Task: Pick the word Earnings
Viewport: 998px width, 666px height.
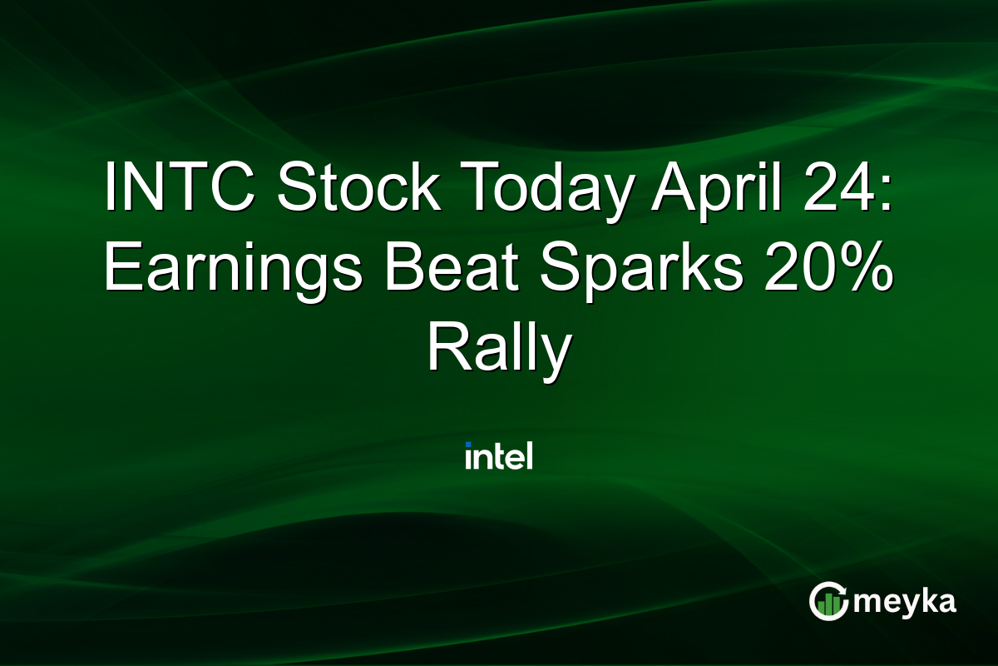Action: click(x=234, y=271)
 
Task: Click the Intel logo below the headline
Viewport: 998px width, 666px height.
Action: click(x=499, y=455)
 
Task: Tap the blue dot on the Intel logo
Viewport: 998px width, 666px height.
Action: click(x=469, y=444)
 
